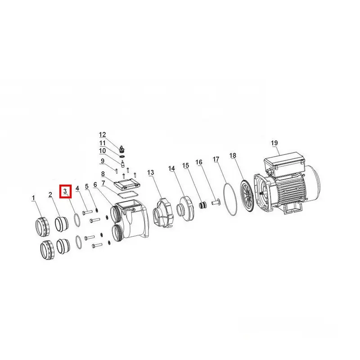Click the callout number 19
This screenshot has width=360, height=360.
pos(274,143)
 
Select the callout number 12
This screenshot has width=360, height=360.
pos(103,135)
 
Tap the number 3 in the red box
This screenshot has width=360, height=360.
pos(65,191)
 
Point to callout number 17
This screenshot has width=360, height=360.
pos(216,159)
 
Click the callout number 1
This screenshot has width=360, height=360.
pos(33,198)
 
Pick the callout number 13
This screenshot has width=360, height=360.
pos(151,172)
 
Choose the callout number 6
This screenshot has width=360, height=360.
pos(95,184)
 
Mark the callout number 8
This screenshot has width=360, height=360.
pos(103,174)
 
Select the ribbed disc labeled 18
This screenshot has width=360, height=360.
pos(247,196)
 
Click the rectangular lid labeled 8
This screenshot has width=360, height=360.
pos(127,184)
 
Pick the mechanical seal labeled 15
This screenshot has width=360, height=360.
pos(202,205)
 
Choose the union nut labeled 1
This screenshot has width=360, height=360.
pos(43,226)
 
